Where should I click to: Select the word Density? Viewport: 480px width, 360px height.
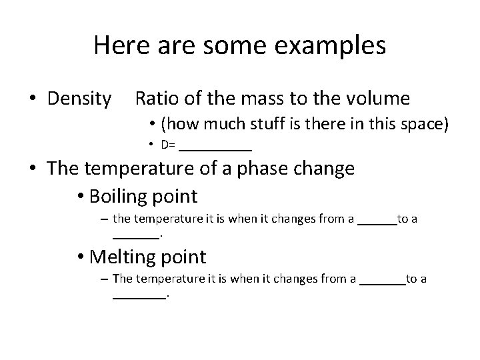click(79, 99)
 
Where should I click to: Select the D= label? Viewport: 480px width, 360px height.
click(167, 145)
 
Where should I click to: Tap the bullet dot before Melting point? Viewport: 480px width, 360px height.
click(81, 257)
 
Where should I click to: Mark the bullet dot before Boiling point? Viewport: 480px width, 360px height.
click(81, 197)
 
